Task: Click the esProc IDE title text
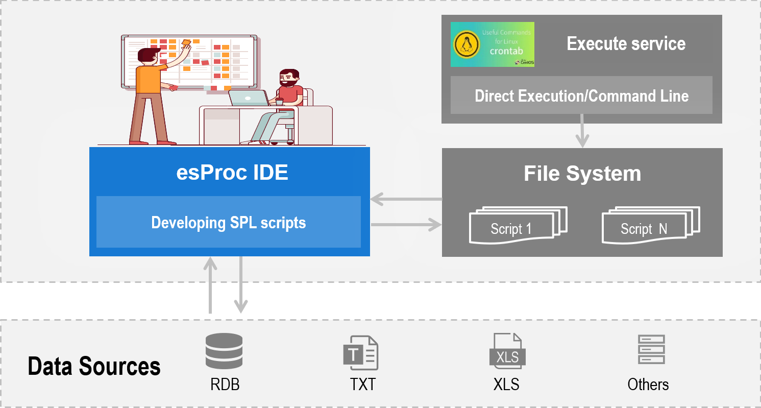click(x=232, y=173)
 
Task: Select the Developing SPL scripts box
click(x=229, y=222)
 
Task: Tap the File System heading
click(x=582, y=174)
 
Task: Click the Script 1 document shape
click(x=517, y=226)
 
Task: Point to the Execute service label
click(x=626, y=43)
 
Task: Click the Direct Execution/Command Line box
click(x=581, y=95)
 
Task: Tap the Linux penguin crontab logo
click(x=492, y=44)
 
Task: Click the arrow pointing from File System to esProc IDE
click(x=406, y=199)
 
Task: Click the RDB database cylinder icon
click(x=224, y=351)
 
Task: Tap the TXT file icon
click(x=361, y=352)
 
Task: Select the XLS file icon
click(x=506, y=351)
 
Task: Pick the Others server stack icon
click(x=651, y=349)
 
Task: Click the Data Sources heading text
click(x=94, y=367)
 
